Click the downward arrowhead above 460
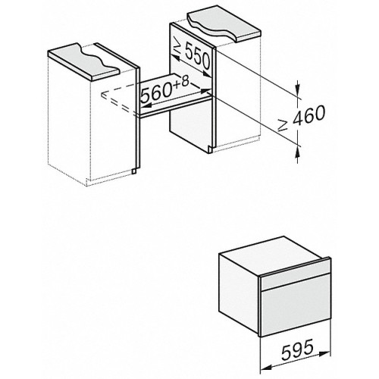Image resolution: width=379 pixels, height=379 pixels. click(x=296, y=89)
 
